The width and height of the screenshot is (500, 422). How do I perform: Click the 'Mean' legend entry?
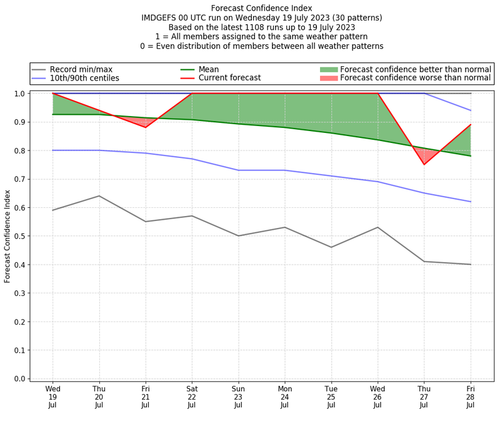click(208, 69)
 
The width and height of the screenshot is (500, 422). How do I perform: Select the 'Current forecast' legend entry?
click(229, 78)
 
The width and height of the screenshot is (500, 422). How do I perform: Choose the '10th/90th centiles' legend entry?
click(84, 78)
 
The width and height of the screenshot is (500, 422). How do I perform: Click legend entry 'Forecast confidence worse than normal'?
click(416, 78)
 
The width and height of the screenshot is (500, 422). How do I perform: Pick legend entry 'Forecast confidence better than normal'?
click(416, 69)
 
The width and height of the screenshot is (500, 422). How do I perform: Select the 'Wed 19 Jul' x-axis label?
click(52, 396)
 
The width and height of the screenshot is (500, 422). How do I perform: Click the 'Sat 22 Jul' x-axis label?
click(192, 396)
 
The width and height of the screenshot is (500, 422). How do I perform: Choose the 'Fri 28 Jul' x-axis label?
click(471, 396)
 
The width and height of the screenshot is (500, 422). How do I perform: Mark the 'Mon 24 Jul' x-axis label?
click(285, 396)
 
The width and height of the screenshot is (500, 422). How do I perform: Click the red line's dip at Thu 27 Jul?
click(424, 164)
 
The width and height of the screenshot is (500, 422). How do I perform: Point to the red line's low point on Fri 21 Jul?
click(146, 127)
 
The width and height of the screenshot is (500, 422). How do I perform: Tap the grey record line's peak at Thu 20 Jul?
click(99, 196)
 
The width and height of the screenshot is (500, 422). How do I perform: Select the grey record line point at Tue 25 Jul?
click(331, 247)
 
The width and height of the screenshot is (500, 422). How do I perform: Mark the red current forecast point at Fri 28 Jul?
click(471, 125)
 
